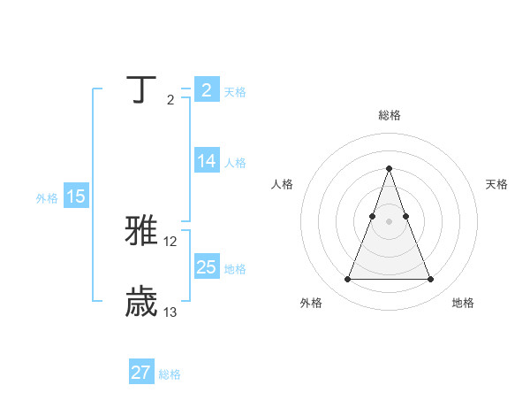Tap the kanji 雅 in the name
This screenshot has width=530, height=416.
click(x=142, y=230)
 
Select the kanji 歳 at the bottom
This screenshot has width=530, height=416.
click(x=142, y=301)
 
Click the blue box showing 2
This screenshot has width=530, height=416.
click(x=206, y=90)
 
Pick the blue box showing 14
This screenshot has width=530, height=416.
click(x=206, y=161)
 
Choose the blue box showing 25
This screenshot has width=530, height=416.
click(x=206, y=266)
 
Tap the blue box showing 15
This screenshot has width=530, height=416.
click(x=75, y=197)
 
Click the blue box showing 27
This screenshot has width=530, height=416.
click(x=140, y=373)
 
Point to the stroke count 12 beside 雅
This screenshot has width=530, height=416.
click(x=170, y=242)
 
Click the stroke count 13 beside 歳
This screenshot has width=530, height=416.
click(x=170, y=312)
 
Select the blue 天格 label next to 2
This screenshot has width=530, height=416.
click(x=235, y=92)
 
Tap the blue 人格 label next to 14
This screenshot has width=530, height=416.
click(x=235, y=163)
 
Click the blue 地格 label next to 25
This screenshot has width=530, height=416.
click(x=235, y=268)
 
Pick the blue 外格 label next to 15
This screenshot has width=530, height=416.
click(x=47, y=199)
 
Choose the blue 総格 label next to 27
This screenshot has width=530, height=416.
click(x=170, y=374)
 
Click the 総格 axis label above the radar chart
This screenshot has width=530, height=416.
click(x=389, y=115)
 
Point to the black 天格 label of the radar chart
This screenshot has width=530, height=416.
click(x=496, y=184)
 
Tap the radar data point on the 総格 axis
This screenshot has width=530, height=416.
click(x=389, y=168)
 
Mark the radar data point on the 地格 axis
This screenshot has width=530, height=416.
click(x=430, y=280)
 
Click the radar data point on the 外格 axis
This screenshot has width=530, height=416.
click(x=347, y=280)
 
